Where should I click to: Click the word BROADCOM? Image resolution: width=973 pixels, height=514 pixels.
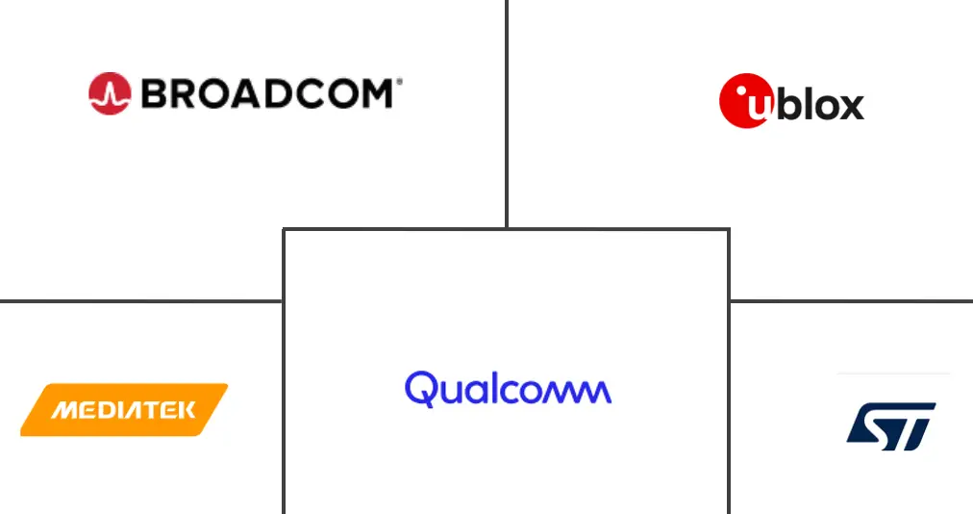266,93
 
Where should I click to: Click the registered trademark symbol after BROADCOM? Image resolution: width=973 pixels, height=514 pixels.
398,83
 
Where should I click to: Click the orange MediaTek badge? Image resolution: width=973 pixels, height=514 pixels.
124,410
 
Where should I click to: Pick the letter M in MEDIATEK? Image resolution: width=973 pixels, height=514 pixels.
63,411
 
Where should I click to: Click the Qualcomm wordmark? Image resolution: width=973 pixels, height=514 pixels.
508,388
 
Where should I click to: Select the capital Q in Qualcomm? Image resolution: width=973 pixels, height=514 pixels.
421,389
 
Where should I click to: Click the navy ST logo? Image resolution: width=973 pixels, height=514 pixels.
891,425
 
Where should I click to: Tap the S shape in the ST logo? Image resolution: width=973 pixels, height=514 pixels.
873,425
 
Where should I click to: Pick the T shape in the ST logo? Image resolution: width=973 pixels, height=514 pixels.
913,425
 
